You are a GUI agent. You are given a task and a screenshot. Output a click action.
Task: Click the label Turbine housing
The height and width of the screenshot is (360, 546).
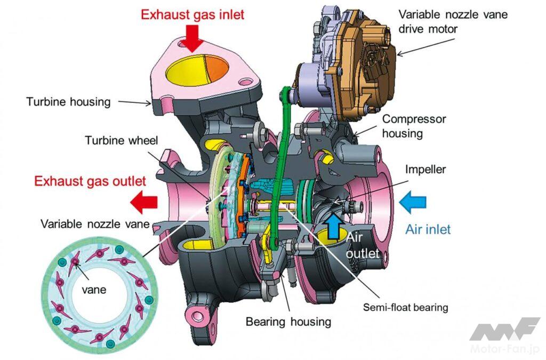(x=68, y=101)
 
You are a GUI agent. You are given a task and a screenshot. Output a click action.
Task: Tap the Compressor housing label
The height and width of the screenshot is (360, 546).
(x=414, y=126)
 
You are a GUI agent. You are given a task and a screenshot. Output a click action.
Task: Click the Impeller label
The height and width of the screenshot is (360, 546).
(x=425, y=170)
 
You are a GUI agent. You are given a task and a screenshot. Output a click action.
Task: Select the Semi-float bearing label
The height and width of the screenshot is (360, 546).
(x=405, y=307)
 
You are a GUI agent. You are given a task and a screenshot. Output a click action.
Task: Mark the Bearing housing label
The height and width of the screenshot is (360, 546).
(x=288, y=322)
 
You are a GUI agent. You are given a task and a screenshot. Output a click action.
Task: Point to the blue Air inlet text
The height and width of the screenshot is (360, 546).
(x=428, y=229)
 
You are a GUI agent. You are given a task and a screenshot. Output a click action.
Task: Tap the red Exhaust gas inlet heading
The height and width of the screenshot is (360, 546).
(x=192, y=14)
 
